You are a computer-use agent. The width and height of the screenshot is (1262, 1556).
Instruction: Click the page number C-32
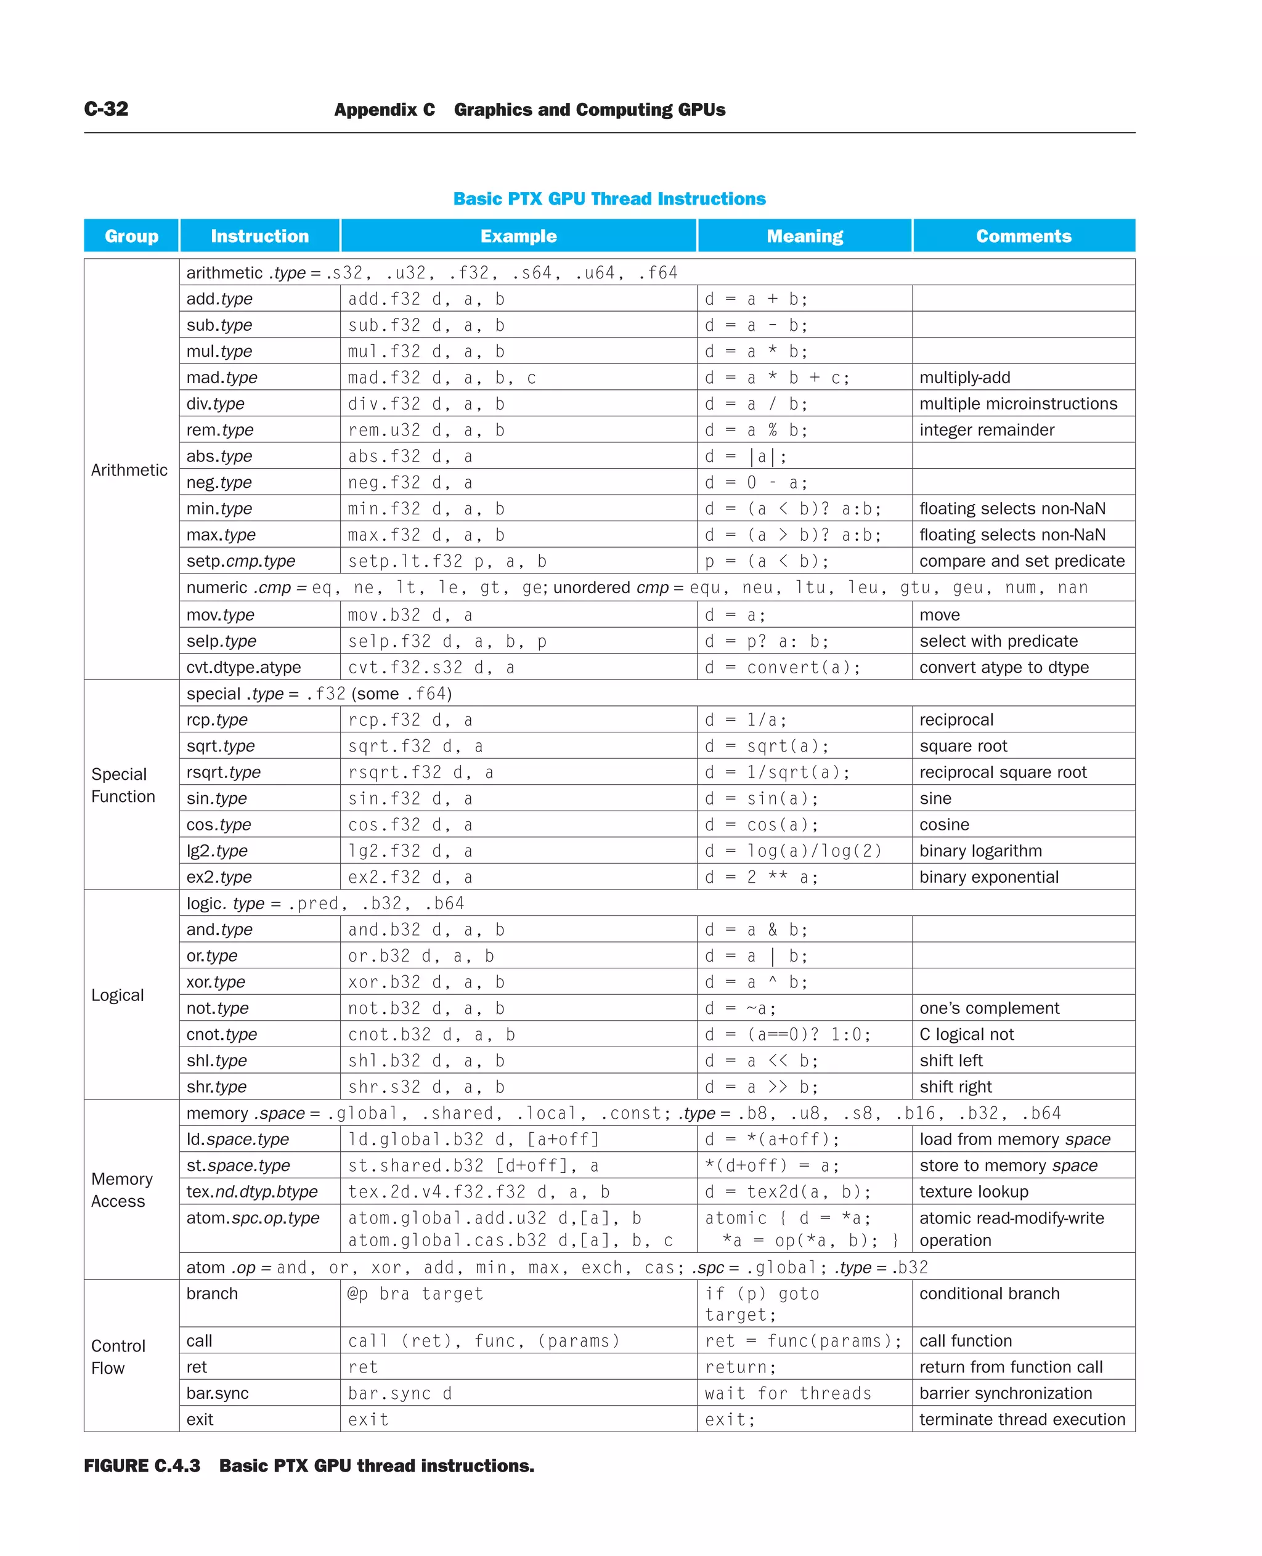click(106, 109)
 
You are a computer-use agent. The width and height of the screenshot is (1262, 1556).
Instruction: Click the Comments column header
click(1023, 236)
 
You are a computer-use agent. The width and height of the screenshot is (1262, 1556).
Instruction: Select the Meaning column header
click(804, 236)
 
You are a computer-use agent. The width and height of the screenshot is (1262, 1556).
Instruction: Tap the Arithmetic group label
click(129, 470)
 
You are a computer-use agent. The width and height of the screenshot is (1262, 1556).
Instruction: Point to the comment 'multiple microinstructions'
click(1018, 403)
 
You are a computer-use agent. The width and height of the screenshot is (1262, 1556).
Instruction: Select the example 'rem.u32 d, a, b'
click(426, 430)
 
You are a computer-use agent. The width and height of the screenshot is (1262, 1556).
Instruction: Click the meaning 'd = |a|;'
click(745, 456)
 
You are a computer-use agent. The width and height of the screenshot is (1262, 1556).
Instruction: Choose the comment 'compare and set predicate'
click(1022, 561)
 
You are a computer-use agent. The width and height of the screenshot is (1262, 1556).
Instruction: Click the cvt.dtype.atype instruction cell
click(243, 667)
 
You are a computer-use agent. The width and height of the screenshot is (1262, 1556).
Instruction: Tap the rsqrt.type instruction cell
click(223, 772)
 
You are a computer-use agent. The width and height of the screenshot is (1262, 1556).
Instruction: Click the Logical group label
click(118, 995)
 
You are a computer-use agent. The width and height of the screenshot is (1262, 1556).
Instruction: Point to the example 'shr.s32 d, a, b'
click(426, 1087)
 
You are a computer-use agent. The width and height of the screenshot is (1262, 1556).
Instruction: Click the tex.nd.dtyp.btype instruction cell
click(251, 1191)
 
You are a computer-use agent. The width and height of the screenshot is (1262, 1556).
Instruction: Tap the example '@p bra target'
click(415, 1294)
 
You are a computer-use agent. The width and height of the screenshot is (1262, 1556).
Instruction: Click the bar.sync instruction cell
click(218, 1393)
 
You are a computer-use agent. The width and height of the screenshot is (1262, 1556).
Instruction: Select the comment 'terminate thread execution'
click(1022, 1419)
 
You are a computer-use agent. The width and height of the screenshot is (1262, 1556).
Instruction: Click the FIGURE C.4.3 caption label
click(142, 1466)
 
